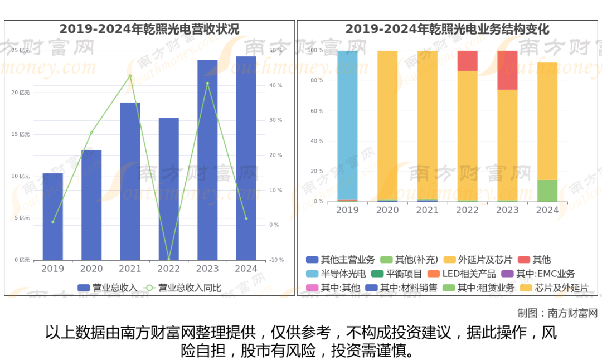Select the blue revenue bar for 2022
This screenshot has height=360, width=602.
coord(169,189)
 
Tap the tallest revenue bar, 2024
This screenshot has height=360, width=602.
coord(246,158)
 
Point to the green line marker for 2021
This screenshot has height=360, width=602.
coord(130,76)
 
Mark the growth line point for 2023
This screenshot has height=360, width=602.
coord(207,84)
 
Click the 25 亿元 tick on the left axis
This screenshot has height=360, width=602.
coord(21,51)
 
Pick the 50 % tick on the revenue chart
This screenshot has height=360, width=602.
coord(276,51)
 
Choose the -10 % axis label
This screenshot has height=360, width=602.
coord(276,260)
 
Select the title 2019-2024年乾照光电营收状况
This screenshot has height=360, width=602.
coord(149,29)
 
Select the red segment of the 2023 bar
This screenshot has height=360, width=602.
coord(507,70)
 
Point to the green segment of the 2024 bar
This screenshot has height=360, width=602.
coord(547,191)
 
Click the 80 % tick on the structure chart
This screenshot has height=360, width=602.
coord(316,81)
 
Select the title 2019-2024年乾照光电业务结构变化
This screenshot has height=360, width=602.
coord(447,29)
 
